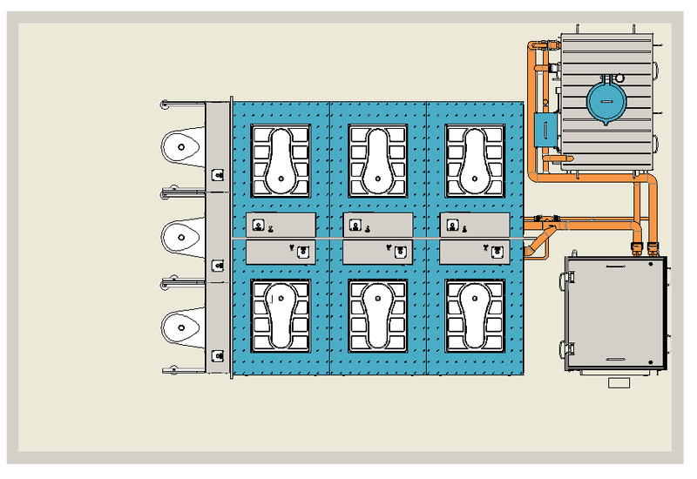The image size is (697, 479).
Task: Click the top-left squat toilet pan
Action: tap(281, 160)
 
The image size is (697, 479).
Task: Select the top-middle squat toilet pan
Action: tap(377, 160)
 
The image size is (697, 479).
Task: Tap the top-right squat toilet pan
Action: tap(475, 160)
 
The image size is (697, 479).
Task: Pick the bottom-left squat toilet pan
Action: tap(281, 314)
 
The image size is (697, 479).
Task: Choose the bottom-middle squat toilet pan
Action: tap(377, 314)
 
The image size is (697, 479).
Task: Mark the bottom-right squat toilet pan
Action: tap(475, 314)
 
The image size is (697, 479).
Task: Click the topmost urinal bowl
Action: tap(182, 146)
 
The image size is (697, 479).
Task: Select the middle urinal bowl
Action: tap(182, 235)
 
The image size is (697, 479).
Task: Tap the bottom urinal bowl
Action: tap(182, 327)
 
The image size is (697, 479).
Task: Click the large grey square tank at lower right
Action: tap(614, 314)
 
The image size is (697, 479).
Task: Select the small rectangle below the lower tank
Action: tap(619, 382)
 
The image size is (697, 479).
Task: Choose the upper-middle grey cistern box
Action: tap(377, 225)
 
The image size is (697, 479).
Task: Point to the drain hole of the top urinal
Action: tap(180, 146)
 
